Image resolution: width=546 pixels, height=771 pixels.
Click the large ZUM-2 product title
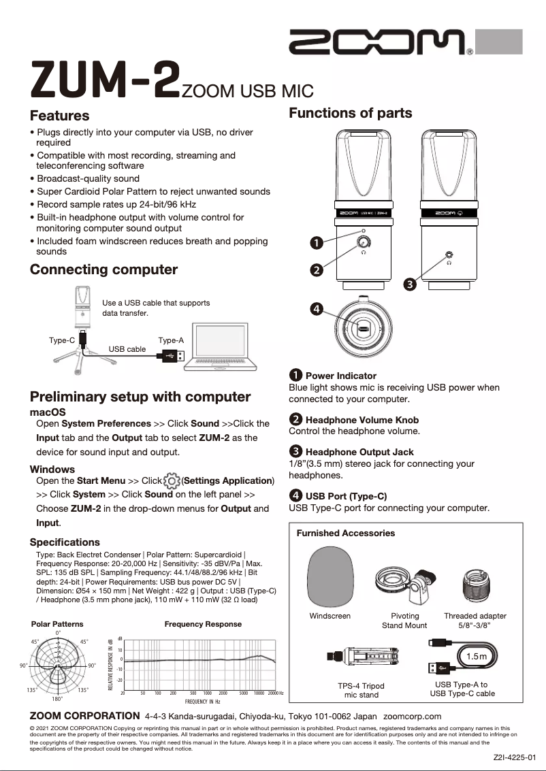tap(105, 80)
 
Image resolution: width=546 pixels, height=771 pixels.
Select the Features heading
tap(60, 116)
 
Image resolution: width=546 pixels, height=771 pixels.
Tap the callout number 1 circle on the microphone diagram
tap(316, 242)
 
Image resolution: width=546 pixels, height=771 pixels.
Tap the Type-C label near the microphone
tap(62, 340)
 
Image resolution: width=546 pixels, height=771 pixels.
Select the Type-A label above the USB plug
tap(171, 340)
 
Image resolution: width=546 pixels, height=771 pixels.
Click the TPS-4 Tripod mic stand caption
tap(361, 690)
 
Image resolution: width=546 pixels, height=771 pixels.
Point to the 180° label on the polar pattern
tap(57, 699)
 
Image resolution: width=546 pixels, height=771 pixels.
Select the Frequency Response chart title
tap(203, 624)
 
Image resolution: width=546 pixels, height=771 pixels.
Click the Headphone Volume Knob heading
tap(362, 420)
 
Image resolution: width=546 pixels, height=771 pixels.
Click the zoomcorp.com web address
tap(413, 716)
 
